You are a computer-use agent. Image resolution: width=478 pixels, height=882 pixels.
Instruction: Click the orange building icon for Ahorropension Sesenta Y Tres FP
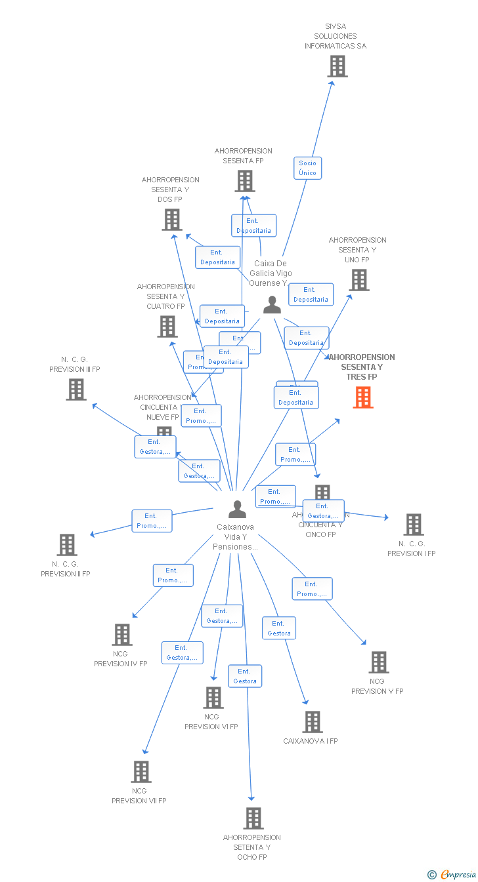point(363,397)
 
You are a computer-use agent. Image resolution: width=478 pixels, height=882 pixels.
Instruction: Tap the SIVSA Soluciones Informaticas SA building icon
point(337,66)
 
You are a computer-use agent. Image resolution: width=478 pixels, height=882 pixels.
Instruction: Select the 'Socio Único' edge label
point(307,168)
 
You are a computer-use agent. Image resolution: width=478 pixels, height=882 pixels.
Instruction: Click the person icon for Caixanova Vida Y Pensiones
point(237,509)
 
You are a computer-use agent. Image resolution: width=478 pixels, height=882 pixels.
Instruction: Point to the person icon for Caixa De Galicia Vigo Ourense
point(272,305)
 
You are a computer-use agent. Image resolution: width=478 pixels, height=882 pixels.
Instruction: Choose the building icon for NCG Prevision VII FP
point(141,772)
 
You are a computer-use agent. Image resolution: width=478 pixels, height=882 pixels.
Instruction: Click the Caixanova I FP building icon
point(313,722)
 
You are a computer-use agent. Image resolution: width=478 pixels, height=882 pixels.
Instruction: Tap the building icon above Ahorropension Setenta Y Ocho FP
point(253,818)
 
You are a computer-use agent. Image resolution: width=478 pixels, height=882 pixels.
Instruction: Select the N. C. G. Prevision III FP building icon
point(76,390)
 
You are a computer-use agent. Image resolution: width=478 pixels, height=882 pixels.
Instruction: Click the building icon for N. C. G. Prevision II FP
point(67,545)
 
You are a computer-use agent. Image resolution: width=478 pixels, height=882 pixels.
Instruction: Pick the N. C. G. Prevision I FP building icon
point(414,525)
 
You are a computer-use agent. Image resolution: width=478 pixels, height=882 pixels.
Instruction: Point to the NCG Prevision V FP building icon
point(379,662)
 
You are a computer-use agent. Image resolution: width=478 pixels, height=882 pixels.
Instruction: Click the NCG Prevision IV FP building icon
point(122,635)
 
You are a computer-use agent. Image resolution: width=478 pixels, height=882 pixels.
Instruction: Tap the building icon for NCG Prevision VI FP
point(213,698)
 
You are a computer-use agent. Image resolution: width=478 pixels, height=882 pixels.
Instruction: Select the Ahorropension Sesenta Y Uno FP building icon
point(359,280)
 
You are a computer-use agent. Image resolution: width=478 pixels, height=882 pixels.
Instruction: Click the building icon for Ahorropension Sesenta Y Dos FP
point(172,220)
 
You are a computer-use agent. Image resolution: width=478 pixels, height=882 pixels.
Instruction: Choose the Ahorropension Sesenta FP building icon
point(245,181)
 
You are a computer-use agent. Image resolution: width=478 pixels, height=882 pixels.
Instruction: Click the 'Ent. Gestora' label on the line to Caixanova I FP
point(279,628)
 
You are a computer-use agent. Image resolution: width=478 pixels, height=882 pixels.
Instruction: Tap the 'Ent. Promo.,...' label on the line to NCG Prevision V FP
point(312,589)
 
